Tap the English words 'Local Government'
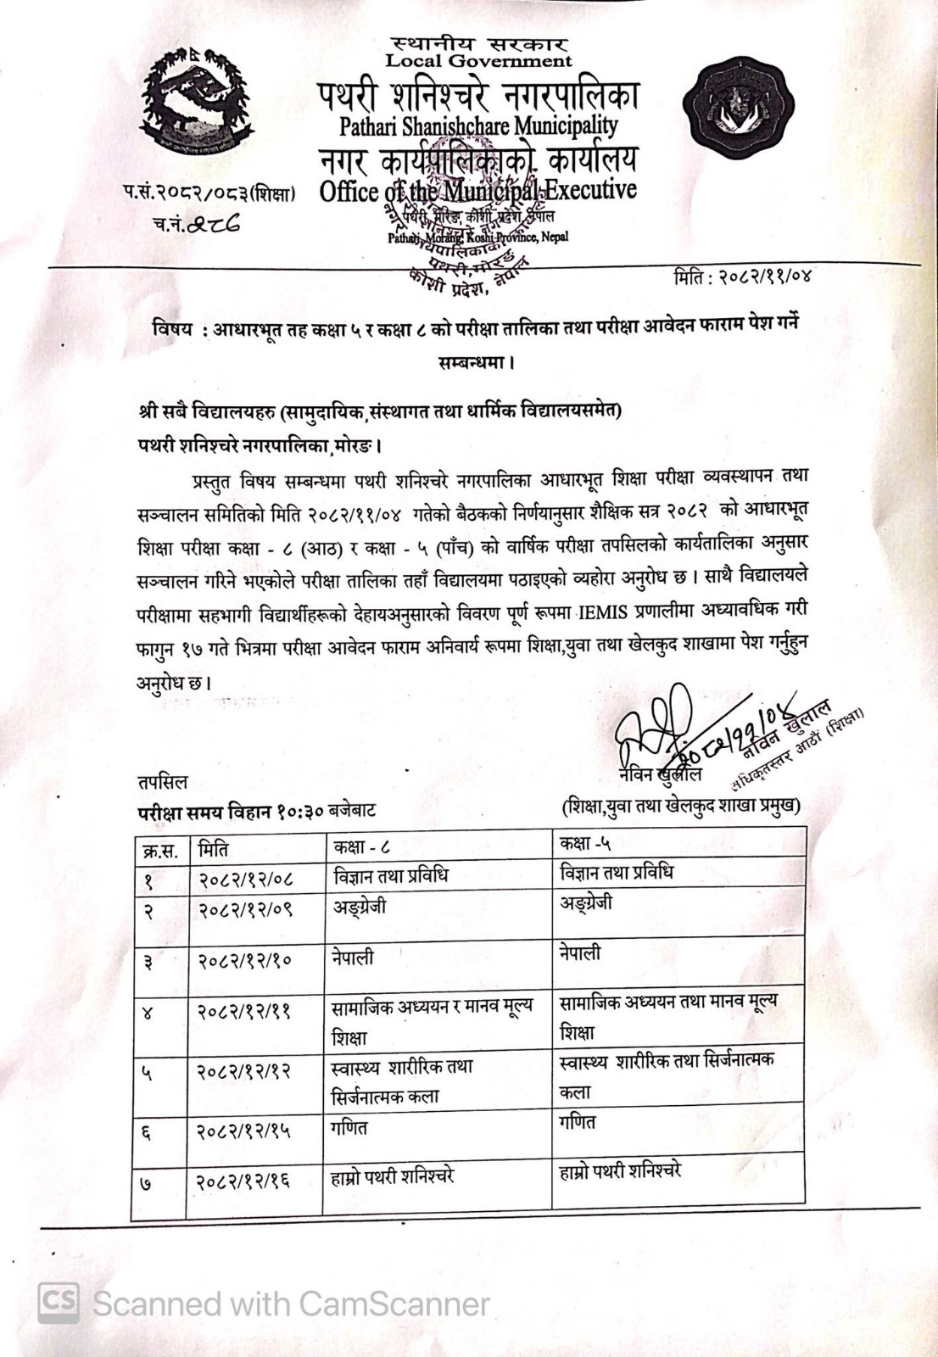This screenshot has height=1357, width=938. pos(478,60)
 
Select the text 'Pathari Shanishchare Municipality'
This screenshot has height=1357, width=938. pos(478,126)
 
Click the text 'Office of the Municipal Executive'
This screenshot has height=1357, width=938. pos(478,191)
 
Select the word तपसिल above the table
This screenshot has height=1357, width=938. pos(162,781)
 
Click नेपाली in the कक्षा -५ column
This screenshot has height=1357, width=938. pos(580,953)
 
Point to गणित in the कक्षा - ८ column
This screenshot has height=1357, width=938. pos(350,1127)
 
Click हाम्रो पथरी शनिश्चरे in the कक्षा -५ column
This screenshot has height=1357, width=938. pos(620,1173)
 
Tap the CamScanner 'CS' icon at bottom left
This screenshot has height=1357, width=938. pos(58,1302)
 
